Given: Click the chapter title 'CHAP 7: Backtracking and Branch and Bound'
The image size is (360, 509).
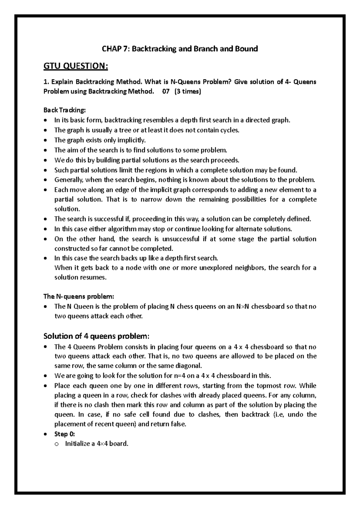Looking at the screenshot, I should click(x=180, y=49).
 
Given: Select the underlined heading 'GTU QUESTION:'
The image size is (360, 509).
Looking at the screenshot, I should click(x=76, y=66).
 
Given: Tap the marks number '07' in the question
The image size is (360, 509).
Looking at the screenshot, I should click(x=166, y=92).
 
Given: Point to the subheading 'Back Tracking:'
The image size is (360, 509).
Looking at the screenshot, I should click(x=64, y=110).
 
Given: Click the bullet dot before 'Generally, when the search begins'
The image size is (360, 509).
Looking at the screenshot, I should click(x=45, y=180).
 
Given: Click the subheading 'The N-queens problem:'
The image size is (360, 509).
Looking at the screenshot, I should click(x=79, y=297).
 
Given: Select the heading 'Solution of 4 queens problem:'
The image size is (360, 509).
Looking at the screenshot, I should click(x=96, y=336).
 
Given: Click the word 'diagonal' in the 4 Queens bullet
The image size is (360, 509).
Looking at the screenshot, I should click(x=190, y=366).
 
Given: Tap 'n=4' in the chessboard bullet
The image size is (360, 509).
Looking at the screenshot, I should click(x=180, y=376).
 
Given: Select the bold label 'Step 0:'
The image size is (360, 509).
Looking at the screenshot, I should click(x=64, y=434).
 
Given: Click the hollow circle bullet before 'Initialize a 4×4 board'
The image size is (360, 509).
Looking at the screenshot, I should click(x=56, y=444).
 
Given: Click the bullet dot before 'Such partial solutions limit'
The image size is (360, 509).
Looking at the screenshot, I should click(x=45, y=170).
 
